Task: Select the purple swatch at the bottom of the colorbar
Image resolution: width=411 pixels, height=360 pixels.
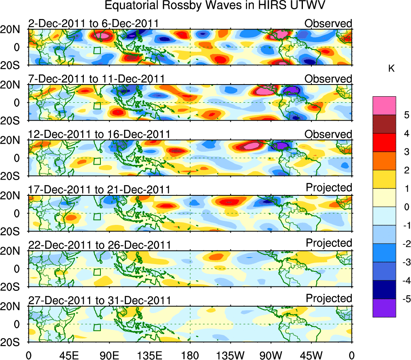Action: tap(384, 308)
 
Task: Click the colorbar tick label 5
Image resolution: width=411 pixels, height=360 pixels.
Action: tap(395, 115)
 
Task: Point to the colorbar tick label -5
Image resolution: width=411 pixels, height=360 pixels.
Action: tap(394, 299)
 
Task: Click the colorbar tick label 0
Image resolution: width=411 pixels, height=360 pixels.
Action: tap(395, 207)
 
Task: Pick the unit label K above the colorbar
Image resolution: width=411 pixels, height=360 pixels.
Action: tap(392, 69)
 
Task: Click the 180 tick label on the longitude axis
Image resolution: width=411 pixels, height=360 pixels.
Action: tap(190, 355)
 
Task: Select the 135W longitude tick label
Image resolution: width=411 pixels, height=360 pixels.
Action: tap(230, 355)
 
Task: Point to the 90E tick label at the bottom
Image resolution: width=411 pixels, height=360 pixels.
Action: tap(109, 355)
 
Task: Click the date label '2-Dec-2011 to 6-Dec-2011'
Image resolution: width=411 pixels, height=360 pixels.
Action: tap(93, 23)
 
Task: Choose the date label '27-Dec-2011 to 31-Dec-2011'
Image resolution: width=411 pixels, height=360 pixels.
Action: tap(100, 301)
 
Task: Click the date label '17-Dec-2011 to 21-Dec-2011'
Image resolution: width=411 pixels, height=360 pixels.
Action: tap(100, 189)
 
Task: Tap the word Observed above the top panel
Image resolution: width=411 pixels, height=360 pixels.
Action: tap(328, 23)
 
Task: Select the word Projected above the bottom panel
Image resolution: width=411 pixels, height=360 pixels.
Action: tap(329, 299)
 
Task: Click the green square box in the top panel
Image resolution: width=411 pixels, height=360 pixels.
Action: tap(97, 50)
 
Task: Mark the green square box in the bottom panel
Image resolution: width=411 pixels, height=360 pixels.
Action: tap(97, 327)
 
